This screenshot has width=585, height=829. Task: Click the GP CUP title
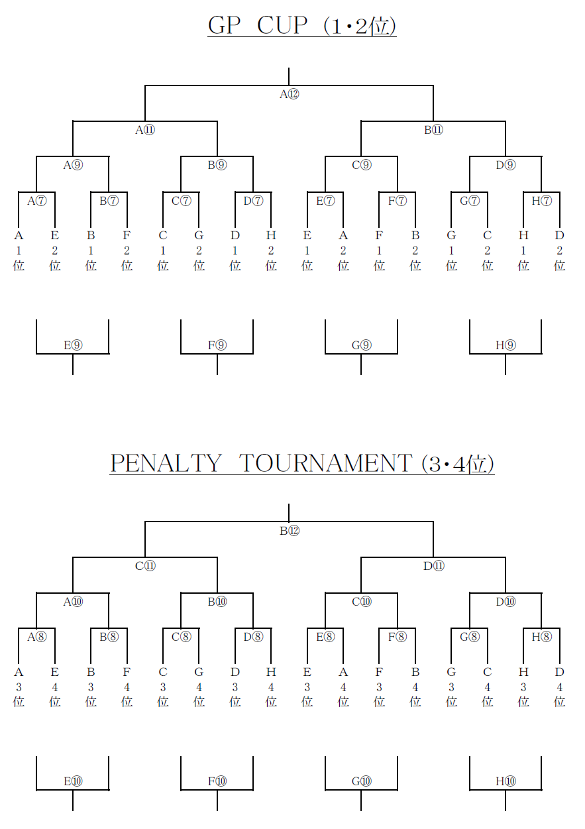(301, 25)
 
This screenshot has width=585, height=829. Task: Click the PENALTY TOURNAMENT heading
(301, 463)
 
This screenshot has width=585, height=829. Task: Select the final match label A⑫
(289, 94)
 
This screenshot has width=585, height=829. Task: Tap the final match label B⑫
(289, 530)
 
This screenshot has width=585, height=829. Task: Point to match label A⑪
(145, 130)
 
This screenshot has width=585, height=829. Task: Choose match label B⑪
(433, 130)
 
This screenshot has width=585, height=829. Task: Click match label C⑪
(145, 566)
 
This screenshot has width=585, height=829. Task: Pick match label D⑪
(433, 566)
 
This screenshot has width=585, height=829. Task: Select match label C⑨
(361, 166)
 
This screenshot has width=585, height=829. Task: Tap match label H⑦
(541, 201)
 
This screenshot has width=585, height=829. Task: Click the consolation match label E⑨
(73, 345)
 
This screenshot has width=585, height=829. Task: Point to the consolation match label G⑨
(361, 345)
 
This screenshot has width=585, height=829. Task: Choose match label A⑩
(73, 602)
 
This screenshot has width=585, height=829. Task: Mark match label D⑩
(505, 602)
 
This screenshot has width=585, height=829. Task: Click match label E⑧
(325, 637)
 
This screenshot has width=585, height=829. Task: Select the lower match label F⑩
(217, 781)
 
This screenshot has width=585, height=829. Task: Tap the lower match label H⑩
(505, 781)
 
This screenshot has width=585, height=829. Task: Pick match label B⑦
(109, 201)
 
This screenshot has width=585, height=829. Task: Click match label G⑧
(469, 637)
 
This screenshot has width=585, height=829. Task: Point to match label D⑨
(505, 166)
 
